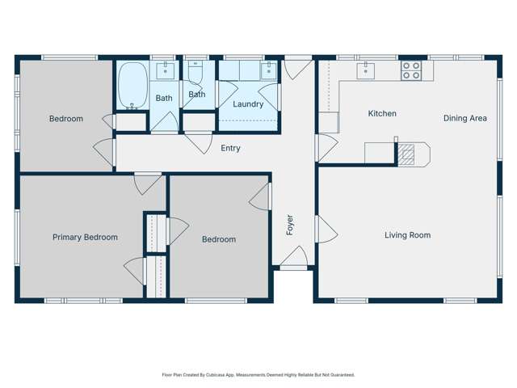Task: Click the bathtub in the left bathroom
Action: [x=132, y=86]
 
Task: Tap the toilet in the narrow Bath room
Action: [x=195, y=75]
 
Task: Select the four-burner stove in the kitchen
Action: [x=411, y=70]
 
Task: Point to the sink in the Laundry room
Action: [x=268, y=71]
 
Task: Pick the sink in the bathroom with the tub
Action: [x=165, y=70]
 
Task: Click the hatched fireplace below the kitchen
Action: [x=409, y=153]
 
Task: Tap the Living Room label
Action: [x=407, y=235]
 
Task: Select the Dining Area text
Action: [x=464, y=118]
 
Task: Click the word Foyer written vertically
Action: [x=289, y=225]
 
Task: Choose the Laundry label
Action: [x=248, y=104]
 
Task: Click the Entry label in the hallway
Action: [x=230, y=148]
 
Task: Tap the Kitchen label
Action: [x=382, y=114]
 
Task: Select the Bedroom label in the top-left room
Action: [x=66, y=119]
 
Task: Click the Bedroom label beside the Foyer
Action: [x=219, y=239]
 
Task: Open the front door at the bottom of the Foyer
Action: [x=293, y=260]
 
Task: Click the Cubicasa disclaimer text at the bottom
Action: [x=258, y=375]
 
